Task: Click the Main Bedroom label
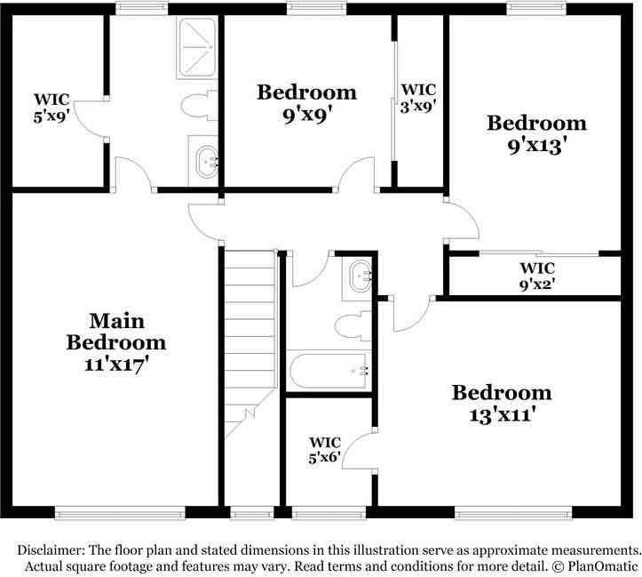click(x=116, y=331)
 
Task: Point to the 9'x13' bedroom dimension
click(x=536, y=144)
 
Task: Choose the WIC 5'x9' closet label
click(x=51, y=107)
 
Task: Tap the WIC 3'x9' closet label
click(x=418, y=97)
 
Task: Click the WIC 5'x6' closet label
click(x=325, y=450)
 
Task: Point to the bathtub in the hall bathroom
click(x=329, y=370)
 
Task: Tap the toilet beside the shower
click(x=198, y=107)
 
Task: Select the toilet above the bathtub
click(x=356, y=325)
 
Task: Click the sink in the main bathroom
click(x=206, y=161)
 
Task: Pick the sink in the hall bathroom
click(x=359, y=276)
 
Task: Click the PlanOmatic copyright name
click(x=603, y=566)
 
